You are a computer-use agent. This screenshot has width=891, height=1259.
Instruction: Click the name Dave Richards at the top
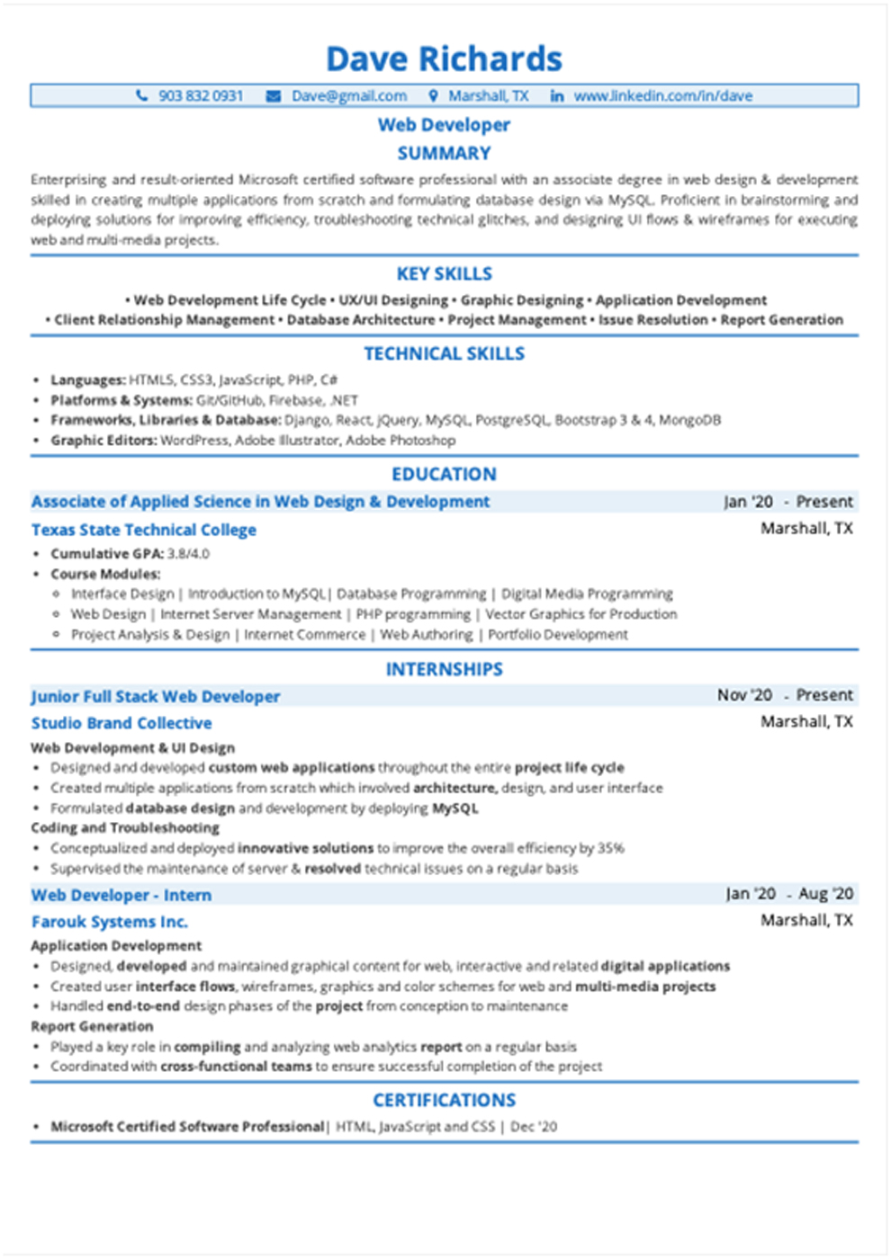(444, 59)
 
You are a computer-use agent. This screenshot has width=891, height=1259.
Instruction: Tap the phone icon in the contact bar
(141, 95)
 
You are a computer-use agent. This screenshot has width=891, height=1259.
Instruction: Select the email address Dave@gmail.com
(348, 95)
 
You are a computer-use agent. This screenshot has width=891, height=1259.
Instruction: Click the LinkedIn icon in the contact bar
(557, 95)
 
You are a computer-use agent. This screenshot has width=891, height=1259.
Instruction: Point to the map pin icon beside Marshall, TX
(433, 95)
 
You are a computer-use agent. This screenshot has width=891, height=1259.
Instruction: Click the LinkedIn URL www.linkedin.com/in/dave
(662, 95)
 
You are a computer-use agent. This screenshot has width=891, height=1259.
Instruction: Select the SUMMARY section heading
(444, 153)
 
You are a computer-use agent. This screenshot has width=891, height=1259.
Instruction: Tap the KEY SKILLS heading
(444, 273)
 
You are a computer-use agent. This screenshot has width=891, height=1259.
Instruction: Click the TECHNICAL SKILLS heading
(444, 353)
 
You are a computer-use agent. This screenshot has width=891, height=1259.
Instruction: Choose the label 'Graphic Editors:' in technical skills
(103, 440)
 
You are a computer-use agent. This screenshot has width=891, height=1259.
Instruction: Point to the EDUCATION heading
(444, 474)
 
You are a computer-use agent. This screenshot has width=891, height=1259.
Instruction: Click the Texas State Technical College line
(144, 530)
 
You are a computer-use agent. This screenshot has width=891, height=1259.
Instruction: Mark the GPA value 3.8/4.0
(188, 554)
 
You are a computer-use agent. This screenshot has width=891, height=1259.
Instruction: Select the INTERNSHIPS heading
(444, 669)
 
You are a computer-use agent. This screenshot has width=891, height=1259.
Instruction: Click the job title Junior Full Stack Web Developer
(156, 696)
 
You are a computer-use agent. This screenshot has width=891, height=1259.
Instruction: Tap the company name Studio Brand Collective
(121, 723)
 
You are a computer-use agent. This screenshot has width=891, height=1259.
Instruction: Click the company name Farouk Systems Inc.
(110, 922)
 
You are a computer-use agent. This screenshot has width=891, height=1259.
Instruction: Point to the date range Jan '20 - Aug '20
(789, 894)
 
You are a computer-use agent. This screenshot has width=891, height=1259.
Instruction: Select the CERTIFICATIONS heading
(444, 1100)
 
